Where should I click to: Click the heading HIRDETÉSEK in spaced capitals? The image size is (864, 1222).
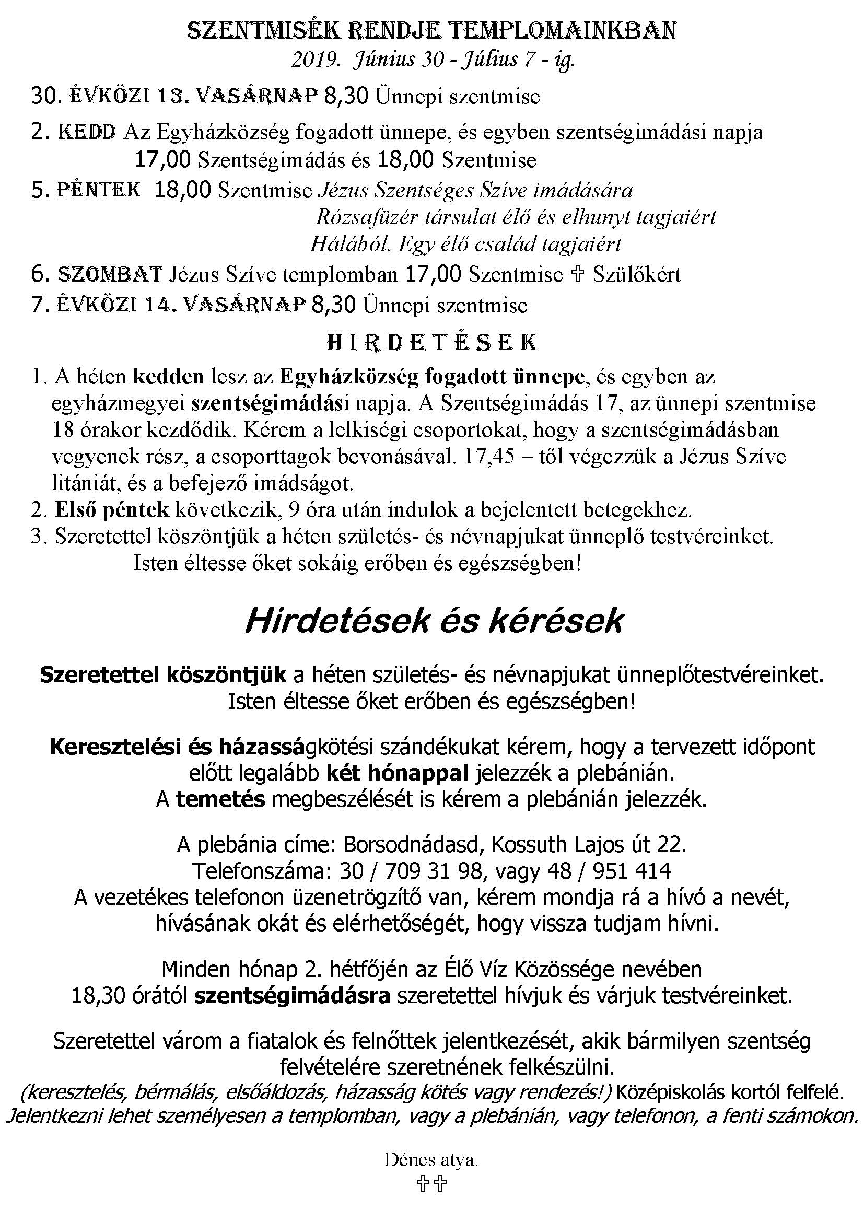431,343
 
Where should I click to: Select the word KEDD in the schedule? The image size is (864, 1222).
87,132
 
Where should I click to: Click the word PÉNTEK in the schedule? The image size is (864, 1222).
99,190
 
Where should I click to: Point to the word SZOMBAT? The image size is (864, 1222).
110,274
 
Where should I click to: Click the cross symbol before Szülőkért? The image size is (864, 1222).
578,275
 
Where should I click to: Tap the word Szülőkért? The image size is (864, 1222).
637,275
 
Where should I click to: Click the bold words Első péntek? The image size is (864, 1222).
112,510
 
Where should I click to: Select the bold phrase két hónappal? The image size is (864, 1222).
397,773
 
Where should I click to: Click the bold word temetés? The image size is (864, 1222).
220,800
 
